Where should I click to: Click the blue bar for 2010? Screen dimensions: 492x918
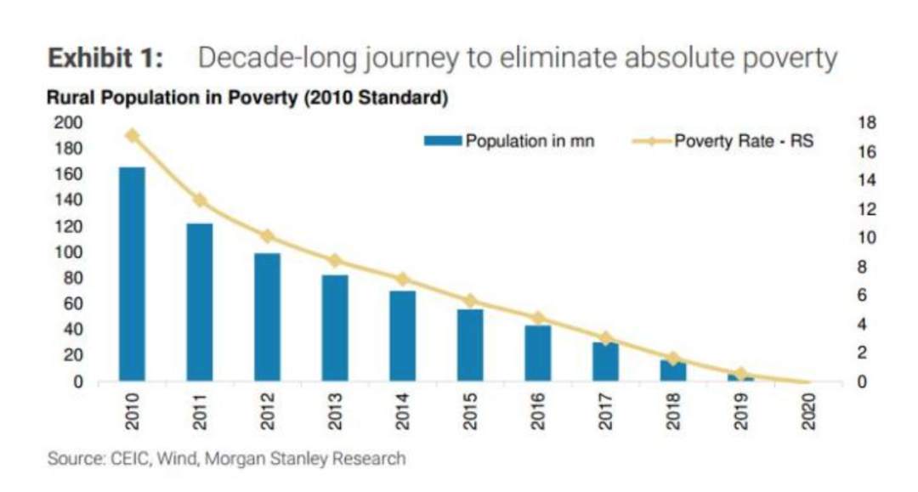pos(132,274)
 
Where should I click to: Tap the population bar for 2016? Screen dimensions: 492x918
pos(537,353)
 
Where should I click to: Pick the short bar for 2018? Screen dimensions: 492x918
pos(672,370)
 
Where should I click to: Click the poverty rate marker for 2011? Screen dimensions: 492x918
pos(200,201)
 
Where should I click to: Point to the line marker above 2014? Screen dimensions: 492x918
pos(402,279)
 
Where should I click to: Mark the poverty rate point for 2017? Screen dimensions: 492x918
pos(605,338)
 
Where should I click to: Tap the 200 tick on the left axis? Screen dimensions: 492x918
pos(71,123)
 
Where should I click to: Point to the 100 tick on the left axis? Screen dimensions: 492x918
pos(71,252)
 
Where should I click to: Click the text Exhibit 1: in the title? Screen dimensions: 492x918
pos(105,59)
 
